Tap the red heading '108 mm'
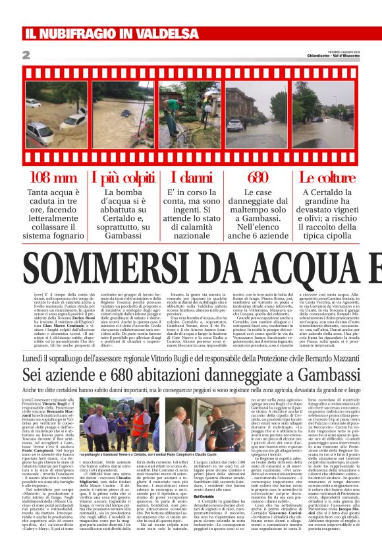pos(53,177)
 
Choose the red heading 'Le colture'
pos(327,177)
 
